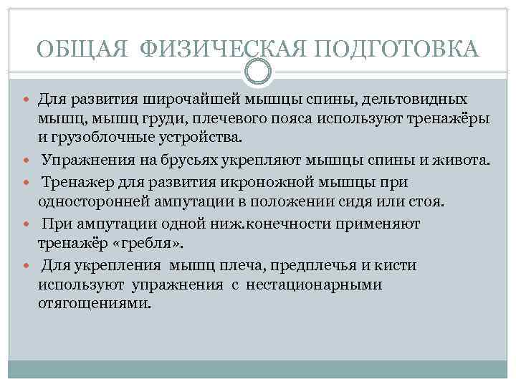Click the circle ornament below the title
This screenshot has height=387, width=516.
coord(258,70)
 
